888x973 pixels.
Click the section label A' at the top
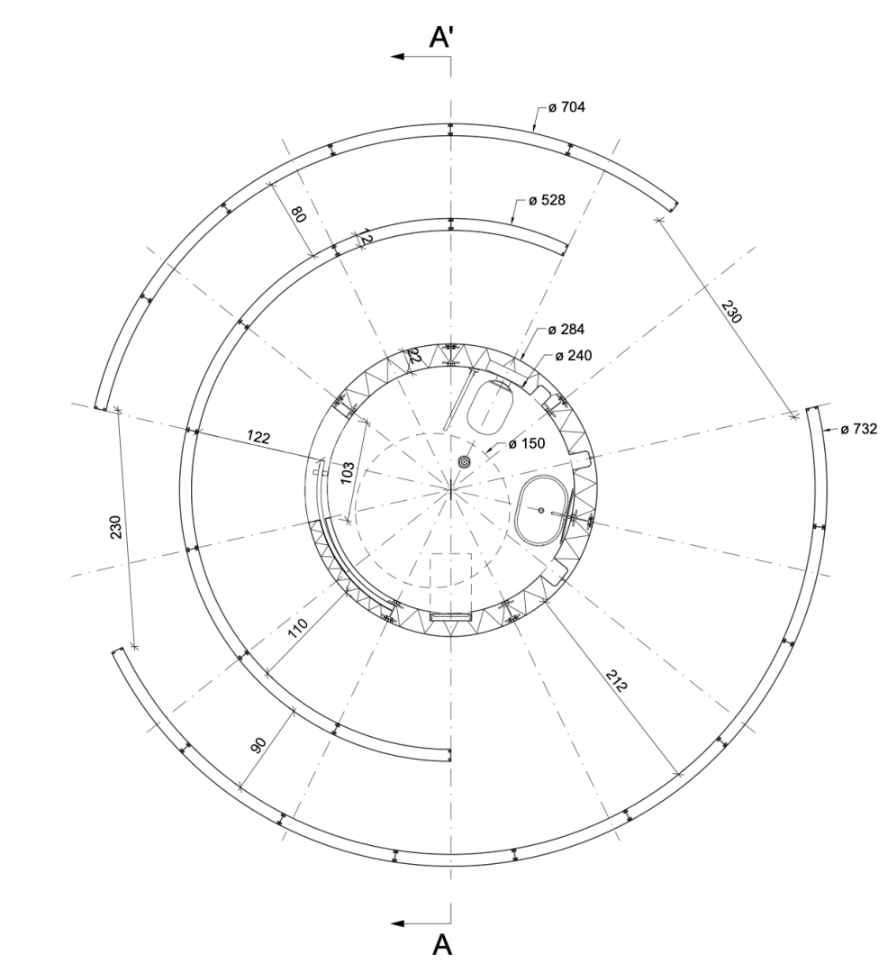(x=442, y=37)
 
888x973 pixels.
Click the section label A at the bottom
(x=442, y=944)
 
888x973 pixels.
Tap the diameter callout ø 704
(x=566, y=106)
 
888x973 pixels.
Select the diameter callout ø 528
(x=547, y=200)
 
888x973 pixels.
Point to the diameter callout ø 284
(x=566, y=329)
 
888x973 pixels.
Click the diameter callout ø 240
(x=573, y=355)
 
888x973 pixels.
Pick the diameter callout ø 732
(x=859, y=428)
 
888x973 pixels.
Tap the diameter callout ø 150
(x=527, y=443)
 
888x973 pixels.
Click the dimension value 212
(x=616, y=680)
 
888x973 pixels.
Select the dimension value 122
(x=258, y=437)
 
